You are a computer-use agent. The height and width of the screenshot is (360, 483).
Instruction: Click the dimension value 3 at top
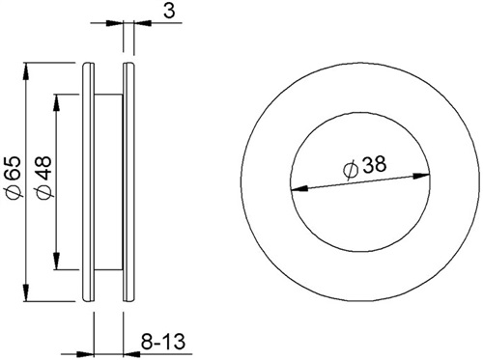[169, 11]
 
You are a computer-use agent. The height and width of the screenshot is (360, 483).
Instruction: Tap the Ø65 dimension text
[14, 178]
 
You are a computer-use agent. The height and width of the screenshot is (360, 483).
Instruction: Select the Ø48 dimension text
[44, 178]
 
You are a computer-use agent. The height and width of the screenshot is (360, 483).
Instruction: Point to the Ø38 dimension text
[365, 167]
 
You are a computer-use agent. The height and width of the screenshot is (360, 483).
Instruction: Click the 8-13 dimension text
[163, 342]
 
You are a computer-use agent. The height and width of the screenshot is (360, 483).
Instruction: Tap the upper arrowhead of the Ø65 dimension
[26, 71]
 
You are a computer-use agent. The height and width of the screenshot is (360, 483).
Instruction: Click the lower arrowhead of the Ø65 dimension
[26, 292]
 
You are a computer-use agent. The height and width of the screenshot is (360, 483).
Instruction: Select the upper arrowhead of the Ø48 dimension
[57, 103]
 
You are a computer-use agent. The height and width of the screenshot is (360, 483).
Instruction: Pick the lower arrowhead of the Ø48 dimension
[57, 261]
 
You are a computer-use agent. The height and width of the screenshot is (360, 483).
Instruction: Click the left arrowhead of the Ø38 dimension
[299, 189]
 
